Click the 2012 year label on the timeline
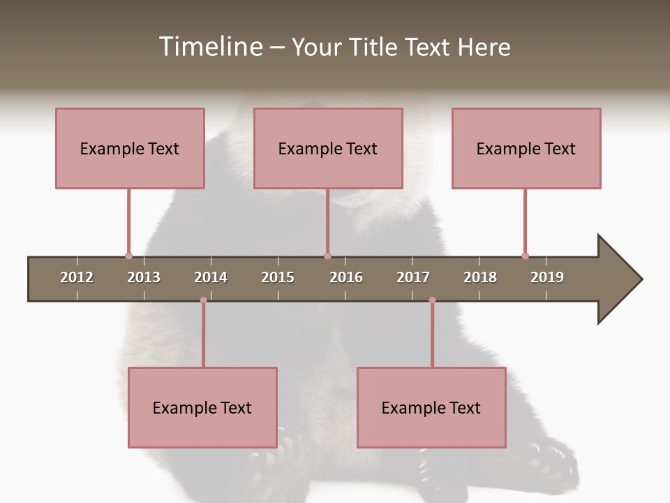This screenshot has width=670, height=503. tap(77, 277)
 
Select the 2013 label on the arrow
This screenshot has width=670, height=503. tap(144, 277)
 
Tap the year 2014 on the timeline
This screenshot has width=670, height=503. tap(211, 277)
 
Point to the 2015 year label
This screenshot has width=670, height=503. tap(278, 277)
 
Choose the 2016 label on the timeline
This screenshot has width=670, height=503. tap(346, 277)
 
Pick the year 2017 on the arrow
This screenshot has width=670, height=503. tap(413, 277)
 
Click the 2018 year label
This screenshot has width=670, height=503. tap(480, 277)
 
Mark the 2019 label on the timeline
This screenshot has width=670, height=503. tap(547, 277)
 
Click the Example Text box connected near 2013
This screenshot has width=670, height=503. tap(130, 148)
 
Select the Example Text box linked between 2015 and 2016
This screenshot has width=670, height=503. tap(328, 148)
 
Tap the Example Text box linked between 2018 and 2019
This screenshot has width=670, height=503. tap(526, 148)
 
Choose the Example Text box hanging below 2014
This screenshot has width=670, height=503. tap(202, 407)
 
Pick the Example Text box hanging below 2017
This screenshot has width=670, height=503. tap(431, 407)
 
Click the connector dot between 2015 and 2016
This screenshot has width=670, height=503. tap(327, 256)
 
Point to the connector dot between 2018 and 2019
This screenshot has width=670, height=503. tap(525, 256)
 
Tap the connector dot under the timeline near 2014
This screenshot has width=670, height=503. tap(203, 300)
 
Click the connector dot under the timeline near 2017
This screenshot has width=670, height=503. tap(432, 300)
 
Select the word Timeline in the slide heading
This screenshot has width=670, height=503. tap(209, 47)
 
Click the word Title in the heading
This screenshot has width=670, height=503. tap(375, 47)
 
